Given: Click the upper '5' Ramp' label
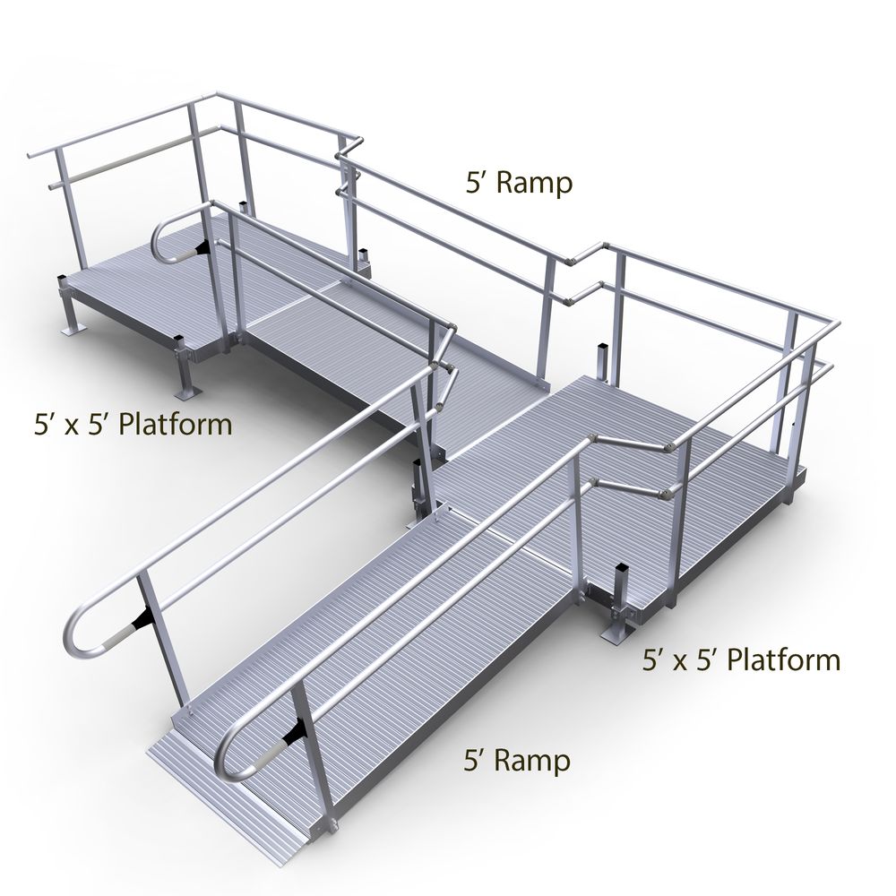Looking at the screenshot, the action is [x=519, y=184].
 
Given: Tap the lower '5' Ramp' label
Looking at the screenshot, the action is [x=518, y=761].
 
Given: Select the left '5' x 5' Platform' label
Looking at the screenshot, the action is [x=134, y=425].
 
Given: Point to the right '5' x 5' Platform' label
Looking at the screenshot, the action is [x=741, y=660].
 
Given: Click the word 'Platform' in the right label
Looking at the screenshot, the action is [x=783, y=660].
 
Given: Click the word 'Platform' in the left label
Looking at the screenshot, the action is [x=176, y=425].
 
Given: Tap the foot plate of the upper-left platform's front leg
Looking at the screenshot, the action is [x=188, y=393].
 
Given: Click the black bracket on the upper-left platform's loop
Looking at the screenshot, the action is [x=202, y=247].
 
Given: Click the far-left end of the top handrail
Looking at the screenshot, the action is [x=30, y=155].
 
